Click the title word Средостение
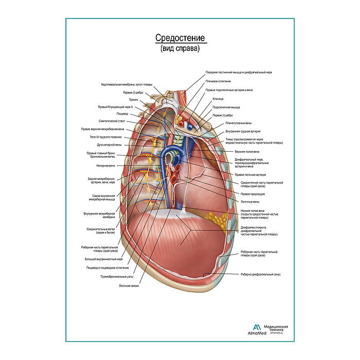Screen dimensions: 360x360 [180, 39]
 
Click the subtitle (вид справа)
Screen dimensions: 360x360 [180, 50]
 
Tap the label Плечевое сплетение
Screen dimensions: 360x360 [218, 81]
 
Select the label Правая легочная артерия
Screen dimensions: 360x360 [250, 175]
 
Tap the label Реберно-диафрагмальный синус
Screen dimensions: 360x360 [260, 275]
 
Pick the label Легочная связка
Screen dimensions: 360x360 [129, 285]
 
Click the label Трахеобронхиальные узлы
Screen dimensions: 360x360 [115, 276]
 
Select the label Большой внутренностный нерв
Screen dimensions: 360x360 [105, 260]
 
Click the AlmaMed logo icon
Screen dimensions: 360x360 [256, 328]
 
